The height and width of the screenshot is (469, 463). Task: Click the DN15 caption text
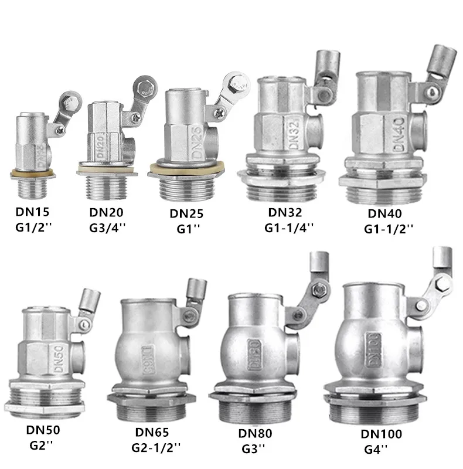pyautogui.click(x=32, y=212)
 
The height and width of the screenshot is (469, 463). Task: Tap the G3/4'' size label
pyautogui.click(x=107, y=228)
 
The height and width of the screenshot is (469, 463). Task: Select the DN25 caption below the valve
pyautogui.click(x=186, y=213)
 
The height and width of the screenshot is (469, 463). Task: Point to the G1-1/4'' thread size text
pyautogui.click(x=288, y=228)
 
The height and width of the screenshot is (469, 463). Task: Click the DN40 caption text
pyautogui.click(x=384, y=213)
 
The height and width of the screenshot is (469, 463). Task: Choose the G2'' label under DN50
pyautogui.click(x=41, y=446)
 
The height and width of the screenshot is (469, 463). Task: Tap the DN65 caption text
pyautogui.click(x=152, y=432)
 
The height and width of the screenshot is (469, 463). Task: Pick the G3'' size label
pyautogui.click(x=253, y=448)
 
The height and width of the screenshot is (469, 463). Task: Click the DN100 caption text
pyautogui.click(x=382, y=434)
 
